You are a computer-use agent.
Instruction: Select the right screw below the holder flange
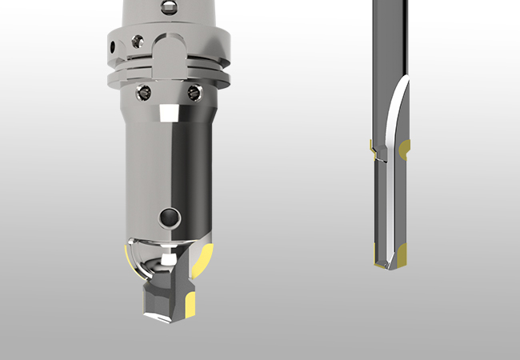point(192,93)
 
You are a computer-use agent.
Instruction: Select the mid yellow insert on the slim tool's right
point(406,147)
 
